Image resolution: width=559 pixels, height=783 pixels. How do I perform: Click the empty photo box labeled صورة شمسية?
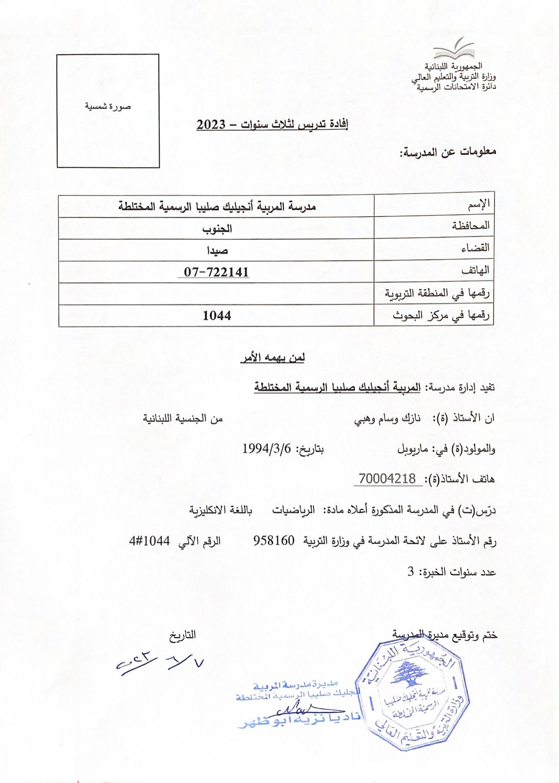[108, 111]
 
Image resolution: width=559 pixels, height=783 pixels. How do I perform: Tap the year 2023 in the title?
[211, 124]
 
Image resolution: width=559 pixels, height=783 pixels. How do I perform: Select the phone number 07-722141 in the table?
[216, 272]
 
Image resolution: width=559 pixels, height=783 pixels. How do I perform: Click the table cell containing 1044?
[217, 316]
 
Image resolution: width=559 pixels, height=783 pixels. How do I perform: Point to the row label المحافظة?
[470, 225]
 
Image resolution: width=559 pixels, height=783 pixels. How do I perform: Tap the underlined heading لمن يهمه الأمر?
[272, 358]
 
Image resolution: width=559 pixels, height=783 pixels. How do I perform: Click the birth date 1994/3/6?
[266, 449]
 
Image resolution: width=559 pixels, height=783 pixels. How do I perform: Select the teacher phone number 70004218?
[387, 479]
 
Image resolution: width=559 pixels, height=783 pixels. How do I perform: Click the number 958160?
[274, 541]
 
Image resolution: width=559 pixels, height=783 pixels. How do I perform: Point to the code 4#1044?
[149, 541]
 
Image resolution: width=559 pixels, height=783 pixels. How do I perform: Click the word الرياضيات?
[293, 510]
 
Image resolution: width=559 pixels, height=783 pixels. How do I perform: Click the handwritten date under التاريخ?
[160, 663]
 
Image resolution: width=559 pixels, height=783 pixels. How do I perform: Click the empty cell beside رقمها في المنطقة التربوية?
[217, 294]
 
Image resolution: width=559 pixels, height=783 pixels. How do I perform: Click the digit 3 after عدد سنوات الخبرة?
[411, 572]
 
